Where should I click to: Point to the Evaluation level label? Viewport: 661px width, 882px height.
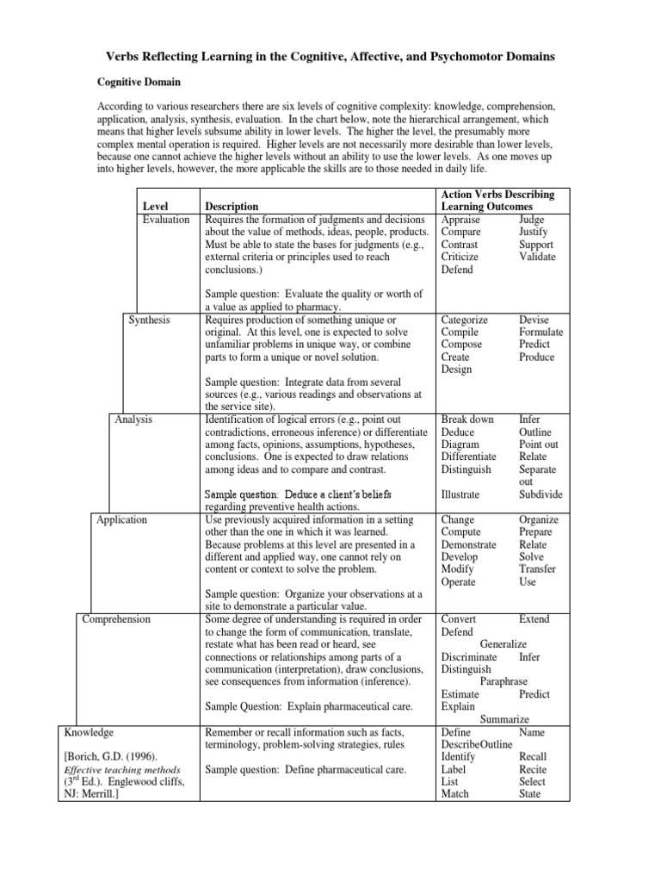(x=166, y=220)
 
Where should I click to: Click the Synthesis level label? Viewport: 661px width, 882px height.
(x=149, y=320)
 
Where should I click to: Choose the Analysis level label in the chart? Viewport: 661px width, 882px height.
(x=133, y=419)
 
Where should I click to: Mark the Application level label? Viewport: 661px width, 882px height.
(x=121, y=519)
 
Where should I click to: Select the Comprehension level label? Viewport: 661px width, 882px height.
(x=115, y=619)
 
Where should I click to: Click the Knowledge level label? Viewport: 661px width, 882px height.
(x=89, y=732)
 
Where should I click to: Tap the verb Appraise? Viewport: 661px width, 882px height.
(x=461, y=220)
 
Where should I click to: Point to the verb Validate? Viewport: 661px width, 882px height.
(x=537, y=257)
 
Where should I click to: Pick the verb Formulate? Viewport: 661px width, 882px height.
(x=541, y=332)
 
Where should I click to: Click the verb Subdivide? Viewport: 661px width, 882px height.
(x=541, y=494)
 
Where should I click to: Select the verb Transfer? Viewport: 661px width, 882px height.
(x=537, y=569)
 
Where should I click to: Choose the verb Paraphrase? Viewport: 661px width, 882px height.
(x=503, y=681)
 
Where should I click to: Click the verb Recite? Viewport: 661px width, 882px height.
(x=533, y=769)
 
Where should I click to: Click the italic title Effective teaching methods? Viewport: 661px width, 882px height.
(x=122, y=769)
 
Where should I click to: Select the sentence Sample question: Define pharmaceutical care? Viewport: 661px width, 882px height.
(x=305, y=769)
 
